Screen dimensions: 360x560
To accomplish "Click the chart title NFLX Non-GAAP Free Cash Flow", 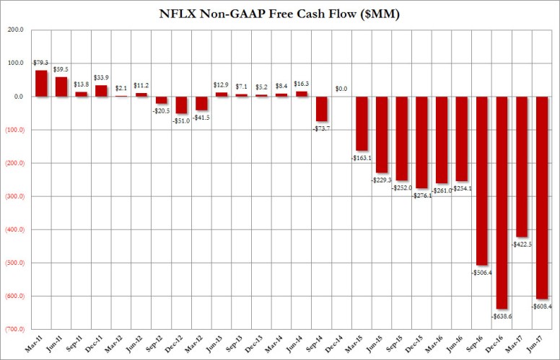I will click(280, 12).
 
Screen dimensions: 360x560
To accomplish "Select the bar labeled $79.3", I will click(42, 83).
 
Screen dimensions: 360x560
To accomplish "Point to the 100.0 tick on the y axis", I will click(15, 63).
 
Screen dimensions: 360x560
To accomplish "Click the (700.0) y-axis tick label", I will click(15, 329).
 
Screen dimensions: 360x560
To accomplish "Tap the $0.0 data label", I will click(342, 89).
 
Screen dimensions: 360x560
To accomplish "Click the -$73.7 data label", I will click(323, 128).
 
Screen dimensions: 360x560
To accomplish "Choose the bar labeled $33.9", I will click(101, 91).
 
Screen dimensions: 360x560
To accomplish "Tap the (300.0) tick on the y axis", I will click(15, 196).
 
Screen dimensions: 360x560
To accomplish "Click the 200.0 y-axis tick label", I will click(15, 30).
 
